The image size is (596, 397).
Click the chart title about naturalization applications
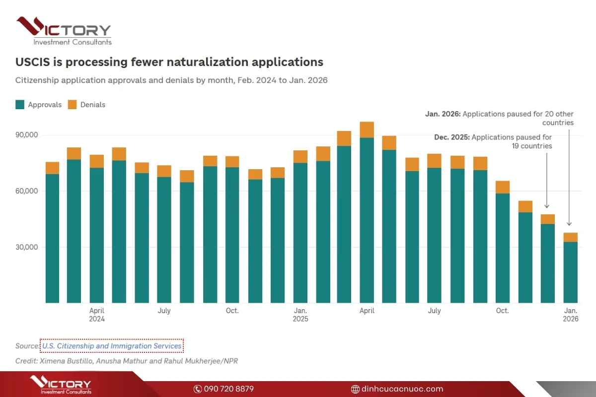169,62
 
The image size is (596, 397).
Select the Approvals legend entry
39,105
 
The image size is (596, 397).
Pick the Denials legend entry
86,105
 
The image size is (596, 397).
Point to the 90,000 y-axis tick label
28,135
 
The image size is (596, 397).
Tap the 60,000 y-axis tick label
28,191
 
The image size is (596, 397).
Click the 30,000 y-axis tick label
28,247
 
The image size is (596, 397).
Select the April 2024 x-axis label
97,315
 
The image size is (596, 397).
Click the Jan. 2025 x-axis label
300,315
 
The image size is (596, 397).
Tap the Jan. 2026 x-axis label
571,315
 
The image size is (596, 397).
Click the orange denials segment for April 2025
367,130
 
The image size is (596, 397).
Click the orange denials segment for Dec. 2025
548,219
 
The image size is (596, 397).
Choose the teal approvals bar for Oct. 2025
503,248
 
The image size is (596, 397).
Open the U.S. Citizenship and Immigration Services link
112,346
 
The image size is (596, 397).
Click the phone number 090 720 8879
224,389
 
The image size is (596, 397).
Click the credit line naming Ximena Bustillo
127,361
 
